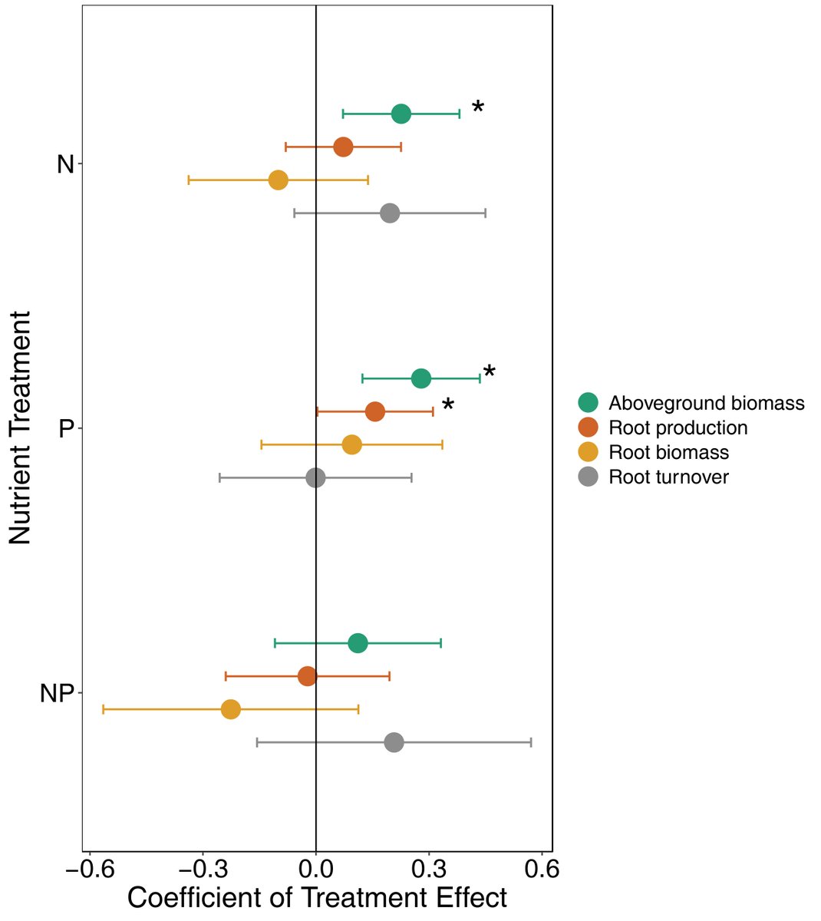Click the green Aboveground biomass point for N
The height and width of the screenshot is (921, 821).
coord(401,114)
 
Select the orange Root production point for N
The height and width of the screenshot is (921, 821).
coord(343,147)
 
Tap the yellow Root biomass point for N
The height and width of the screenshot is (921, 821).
coord(278,180)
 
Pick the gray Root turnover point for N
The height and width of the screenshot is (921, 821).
coord(390,213)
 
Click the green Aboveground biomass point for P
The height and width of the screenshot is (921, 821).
coord(420,378)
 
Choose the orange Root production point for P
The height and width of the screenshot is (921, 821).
coord(374,411)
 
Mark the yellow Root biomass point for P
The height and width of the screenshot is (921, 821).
coord(351,444)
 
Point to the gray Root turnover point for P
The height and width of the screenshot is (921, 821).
coord(315,478)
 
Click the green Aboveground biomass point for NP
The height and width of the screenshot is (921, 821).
coord(358,643)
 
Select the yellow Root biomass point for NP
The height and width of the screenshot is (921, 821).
coord(230,709)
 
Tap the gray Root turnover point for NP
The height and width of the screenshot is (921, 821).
coord(394,742)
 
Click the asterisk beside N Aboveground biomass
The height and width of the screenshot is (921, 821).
coord(478,108)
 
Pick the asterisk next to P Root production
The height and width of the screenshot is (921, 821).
coord(448,405)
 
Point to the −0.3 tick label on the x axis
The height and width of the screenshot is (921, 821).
coord(203,870)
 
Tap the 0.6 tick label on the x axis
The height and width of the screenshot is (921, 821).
coord(542,870)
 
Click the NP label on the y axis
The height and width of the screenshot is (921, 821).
coord(56,694)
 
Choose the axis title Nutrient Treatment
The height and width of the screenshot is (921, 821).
coord(21,428)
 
